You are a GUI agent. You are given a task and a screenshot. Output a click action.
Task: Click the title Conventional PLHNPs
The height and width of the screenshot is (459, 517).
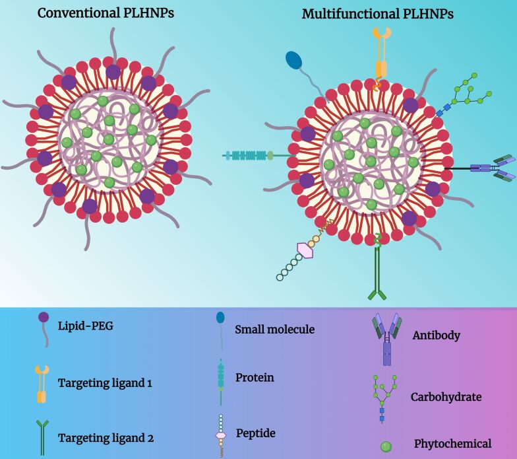point(106,13)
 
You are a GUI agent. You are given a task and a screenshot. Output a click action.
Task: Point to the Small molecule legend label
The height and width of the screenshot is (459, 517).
point(274,330)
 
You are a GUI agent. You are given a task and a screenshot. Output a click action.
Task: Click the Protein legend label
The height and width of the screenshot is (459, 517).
point(254,378)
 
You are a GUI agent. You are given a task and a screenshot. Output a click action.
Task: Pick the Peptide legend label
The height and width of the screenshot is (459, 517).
point(255,433)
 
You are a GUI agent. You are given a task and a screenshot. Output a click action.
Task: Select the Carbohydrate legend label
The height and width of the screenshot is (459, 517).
point(444,397)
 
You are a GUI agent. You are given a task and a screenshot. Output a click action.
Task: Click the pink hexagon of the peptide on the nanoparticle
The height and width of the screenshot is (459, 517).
point(305,250)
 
